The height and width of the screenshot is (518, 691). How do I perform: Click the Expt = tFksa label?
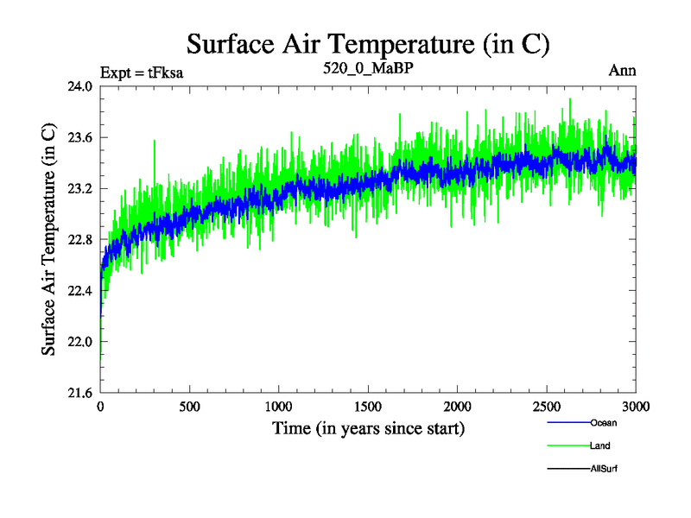coord(142,72)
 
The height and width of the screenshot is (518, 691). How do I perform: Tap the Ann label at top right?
coord(623,71)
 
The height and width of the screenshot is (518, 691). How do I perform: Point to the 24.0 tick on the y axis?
coord(80,86)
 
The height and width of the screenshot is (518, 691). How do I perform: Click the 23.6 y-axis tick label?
coord(80,137)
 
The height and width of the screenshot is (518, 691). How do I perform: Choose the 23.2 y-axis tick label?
coord(80,188)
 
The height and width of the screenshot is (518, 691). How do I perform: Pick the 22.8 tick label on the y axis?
coord(80,239)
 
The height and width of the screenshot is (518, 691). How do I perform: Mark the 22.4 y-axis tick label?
coord(80,291)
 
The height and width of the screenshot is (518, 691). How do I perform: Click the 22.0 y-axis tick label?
coord(80,342)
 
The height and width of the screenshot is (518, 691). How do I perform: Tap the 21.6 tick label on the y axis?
coord(80,393)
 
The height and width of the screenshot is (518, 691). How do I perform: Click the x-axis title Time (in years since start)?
coord(369,427)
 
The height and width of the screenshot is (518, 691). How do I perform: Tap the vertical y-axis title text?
coord(50,240)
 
